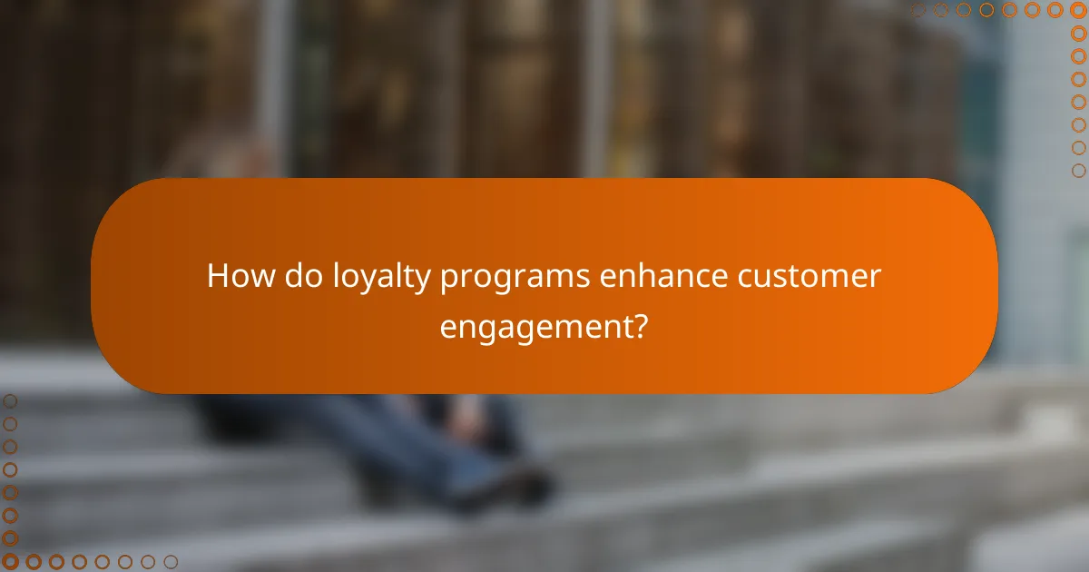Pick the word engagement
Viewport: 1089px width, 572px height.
coord(535,327)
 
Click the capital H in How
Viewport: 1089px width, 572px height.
coord(218,276)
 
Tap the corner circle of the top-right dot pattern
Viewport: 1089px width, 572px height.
coord(1078,11)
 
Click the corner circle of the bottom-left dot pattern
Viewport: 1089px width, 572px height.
coord(10,562)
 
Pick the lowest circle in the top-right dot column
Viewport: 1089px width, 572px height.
coord(1078,170)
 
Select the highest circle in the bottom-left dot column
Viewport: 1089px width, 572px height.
coord(10,400)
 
